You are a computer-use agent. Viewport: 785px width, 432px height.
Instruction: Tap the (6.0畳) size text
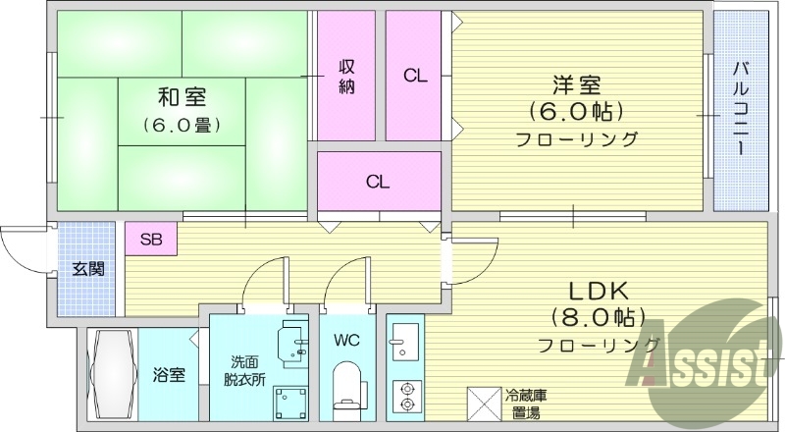click(183, 125)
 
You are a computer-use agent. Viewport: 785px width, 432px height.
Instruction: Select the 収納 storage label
click(347, 76)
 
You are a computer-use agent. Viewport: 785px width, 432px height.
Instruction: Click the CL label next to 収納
click(414, 76)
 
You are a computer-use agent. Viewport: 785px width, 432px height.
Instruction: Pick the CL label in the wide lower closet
click(378, 182)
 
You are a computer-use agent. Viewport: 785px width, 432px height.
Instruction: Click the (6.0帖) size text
click(576, 111)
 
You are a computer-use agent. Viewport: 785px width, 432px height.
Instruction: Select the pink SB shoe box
click(151, 239)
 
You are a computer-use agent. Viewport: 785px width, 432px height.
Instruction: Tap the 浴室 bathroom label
click(169, 374)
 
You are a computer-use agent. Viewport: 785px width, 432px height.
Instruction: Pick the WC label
click(344, 341)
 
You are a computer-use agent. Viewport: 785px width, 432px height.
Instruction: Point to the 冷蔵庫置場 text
click(527, 404)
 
